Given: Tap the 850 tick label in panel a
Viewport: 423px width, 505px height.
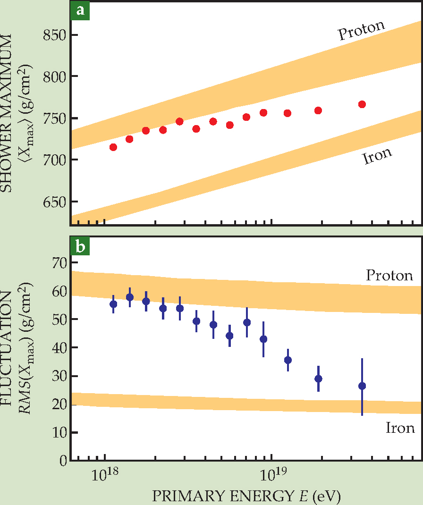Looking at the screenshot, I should [54, 35].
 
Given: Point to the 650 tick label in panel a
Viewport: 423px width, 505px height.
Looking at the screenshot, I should [54, 202].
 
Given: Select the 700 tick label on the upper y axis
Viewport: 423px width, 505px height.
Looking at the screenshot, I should [54, 160].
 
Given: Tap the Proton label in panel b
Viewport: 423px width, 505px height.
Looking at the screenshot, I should [389, 275].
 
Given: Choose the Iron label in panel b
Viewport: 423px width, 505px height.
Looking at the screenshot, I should [400, 428].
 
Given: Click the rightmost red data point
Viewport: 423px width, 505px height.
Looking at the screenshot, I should [362, 104].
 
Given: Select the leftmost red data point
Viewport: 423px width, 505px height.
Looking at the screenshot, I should [113, 147].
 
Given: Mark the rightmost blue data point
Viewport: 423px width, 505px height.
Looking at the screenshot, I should [362, 386].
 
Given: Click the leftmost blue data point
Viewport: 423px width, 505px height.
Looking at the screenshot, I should [113, 304].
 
